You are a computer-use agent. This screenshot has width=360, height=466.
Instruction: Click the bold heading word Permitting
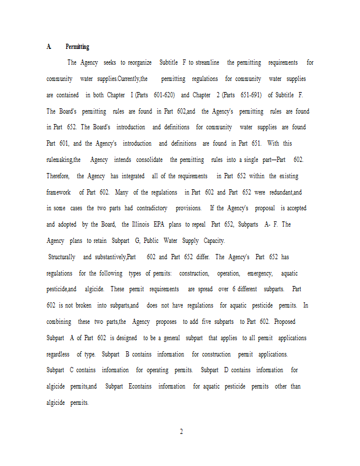[x=77, y=47]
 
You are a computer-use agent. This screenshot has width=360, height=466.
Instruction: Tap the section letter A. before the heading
[x=49, y=47]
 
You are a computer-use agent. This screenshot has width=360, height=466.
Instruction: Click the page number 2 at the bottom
[x=181, y=432]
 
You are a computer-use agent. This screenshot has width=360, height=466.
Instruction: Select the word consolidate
[x=149, y=160]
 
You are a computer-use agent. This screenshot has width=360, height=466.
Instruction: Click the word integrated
[x=133, y=176]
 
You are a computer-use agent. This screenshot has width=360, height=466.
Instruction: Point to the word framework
[x=59, y=192]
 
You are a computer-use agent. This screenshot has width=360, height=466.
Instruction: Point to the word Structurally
[x=62, y=257]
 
